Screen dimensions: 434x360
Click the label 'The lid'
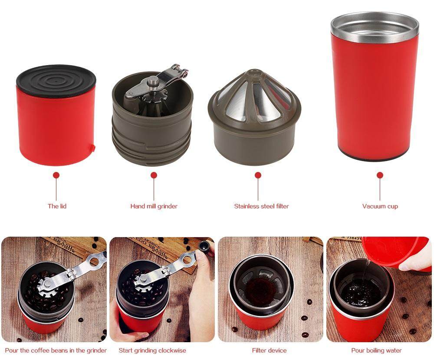(x=57, y=206)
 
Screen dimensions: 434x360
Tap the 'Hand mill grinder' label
(x=154, y=206)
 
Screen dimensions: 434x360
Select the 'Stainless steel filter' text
(x=261, y=206)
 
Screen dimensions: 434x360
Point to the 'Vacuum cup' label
(x=380, y=206)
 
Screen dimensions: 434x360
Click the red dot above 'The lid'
(x=56, y=175)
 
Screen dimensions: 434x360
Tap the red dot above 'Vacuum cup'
(x=380, y=175)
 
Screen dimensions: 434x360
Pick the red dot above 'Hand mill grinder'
(x=154, y=175)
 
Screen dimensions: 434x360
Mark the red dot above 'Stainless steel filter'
(x=258, y=175)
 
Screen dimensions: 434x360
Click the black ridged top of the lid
(x=56, y=80)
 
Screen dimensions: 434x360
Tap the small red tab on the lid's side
(x=93, y=148)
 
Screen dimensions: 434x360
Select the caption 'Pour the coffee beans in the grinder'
(x=56, y=350)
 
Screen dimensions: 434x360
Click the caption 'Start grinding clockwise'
(x=152, y=350)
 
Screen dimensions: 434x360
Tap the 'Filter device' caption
(x=269, y=350)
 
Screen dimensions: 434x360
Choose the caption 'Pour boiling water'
(x=376, y=350)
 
